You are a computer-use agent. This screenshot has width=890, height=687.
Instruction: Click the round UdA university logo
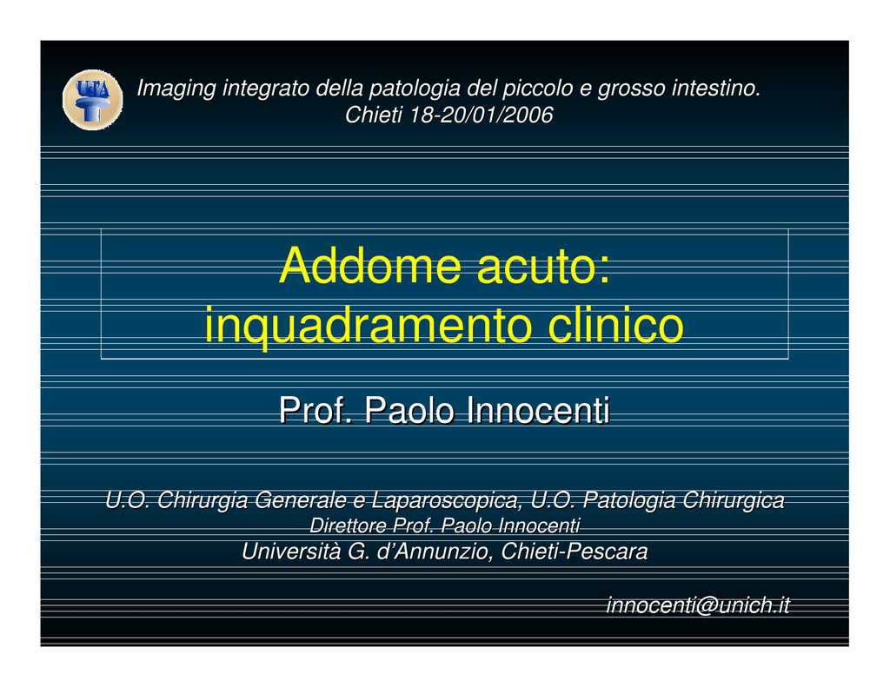[92, 100]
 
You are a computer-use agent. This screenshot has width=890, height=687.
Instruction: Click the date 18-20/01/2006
[481, 116]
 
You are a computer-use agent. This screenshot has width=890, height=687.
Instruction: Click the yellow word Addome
[369, 266]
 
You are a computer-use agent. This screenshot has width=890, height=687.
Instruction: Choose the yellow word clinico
[616, 325]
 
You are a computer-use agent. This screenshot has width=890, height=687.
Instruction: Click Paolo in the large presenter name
[409, 410]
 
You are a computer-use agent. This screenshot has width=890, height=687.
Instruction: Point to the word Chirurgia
[203, 500]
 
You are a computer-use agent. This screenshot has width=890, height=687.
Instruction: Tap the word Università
[291, 552]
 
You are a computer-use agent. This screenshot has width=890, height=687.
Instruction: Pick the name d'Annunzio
[435, 552]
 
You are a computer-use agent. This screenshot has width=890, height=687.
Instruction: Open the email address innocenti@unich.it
[698, 605]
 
